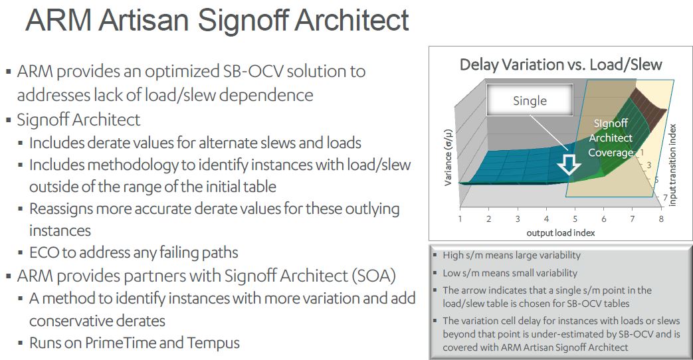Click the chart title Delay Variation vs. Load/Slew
click(x=560, y=64)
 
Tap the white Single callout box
click(x=530, y=100)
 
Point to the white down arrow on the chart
click(x=569, y=164)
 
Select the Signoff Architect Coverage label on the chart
click(x=611, y=137)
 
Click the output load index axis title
click(x=560, y=232)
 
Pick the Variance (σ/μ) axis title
click(x=448, y=157)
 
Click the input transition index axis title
click(x=672, y=165)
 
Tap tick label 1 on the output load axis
click(x=460, y=219)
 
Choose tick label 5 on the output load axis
click(x=575, y=219)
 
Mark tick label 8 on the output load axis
click(x=661, y=219)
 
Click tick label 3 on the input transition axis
click(x=648, y=165)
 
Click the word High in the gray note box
click(x=453, y=255)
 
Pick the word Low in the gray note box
click(x=452, y=273)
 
